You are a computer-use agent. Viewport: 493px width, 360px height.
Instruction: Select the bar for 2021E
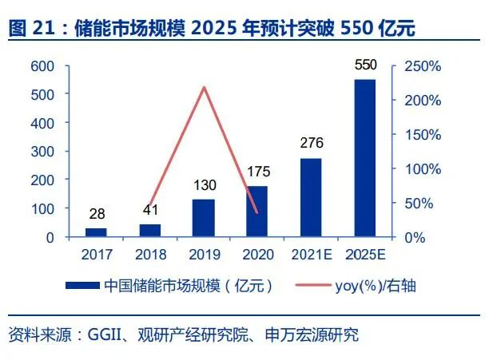point(311,197)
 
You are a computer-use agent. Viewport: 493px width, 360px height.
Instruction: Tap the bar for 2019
point(204,218)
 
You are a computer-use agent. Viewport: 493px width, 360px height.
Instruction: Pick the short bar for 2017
point(96,232)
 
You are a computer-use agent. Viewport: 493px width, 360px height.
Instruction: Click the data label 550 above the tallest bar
point(364,64)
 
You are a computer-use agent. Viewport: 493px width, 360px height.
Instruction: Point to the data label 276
point(311,144)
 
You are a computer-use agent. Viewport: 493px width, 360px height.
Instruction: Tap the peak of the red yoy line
point(204,87)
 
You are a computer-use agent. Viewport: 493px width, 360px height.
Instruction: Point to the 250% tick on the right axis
point(422,66)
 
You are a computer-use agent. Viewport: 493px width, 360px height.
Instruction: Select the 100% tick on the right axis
point(422,168)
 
